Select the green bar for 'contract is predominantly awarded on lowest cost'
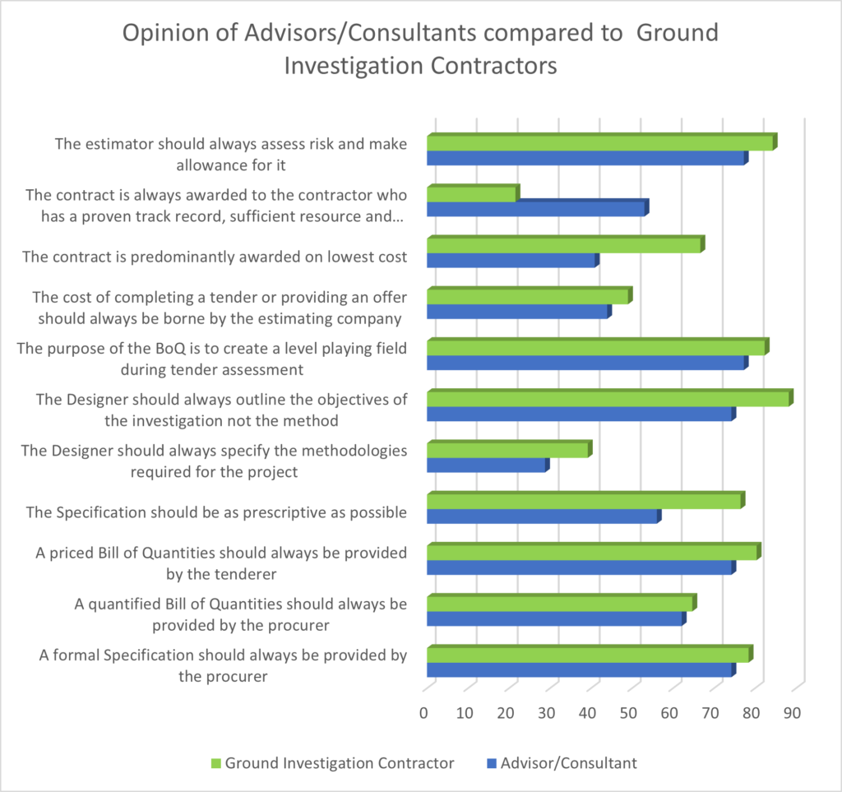point(564,246)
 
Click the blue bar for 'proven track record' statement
point(536,210)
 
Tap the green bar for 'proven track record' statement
point(472,195)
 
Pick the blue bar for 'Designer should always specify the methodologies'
point(487,466)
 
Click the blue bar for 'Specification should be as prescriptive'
point(543,516)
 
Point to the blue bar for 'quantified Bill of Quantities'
point(555,619)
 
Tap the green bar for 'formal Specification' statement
point(589,655)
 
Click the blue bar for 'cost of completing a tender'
point(518,313)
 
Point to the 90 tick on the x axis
point(793,712)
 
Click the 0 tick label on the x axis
point(423,712)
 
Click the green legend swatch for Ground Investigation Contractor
point(217,764)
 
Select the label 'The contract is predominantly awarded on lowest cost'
point(215,257)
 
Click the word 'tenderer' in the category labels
point(246,573)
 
